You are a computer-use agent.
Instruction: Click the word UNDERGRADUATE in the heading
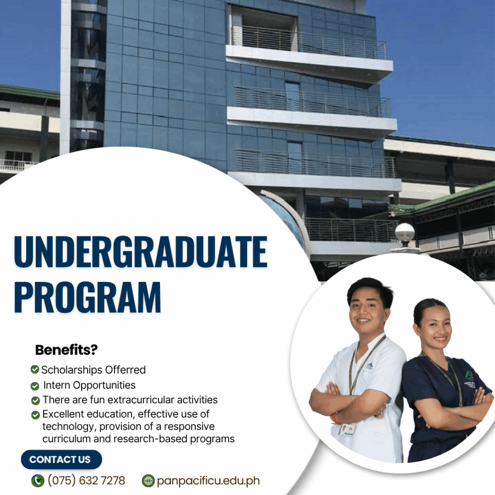141,251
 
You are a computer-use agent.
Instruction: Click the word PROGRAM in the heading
87,297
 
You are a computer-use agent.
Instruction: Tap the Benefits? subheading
66,350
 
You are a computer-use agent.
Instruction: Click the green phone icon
38,481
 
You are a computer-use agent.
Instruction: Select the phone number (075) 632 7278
86,480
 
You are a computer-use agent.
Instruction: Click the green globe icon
148,481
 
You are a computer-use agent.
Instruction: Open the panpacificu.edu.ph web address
208,481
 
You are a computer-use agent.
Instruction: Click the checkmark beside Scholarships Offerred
35,369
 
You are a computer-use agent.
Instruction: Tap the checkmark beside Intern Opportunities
35,386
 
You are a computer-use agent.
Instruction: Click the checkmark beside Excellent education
36,415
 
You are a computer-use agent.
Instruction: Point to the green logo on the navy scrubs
470,376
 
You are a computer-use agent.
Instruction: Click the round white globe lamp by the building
405,233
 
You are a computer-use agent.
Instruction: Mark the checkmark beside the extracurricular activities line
35,400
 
